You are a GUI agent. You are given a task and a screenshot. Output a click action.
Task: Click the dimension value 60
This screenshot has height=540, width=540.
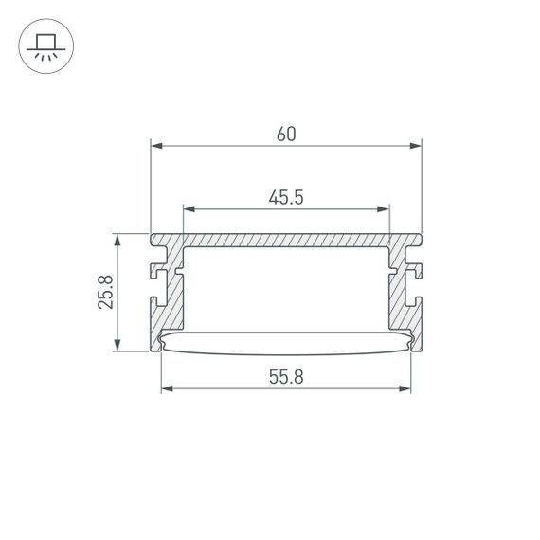click(286, 134)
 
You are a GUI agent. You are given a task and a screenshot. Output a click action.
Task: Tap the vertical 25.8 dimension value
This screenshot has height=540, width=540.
click(106, 292)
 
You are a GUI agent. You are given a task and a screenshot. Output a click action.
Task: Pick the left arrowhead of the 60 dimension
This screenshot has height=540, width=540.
click(158, 146)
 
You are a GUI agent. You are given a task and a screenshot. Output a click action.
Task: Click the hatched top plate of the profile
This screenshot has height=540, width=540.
click(285, 241)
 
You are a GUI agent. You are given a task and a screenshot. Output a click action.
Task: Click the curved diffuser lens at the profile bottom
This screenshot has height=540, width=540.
click(285, 341)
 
